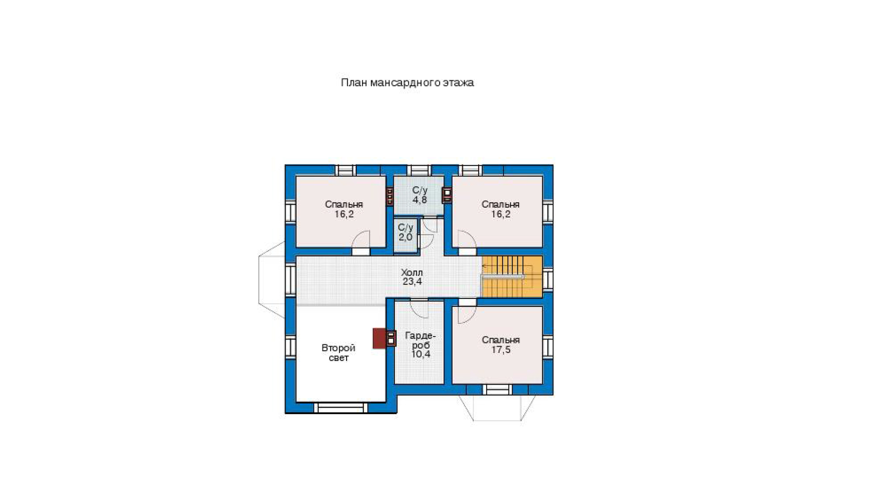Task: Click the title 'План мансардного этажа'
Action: click(x=407, y=83)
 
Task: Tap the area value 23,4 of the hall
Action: click(x=412, y=282)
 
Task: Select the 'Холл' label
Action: click(x=412, y=272)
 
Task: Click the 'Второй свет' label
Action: click(x=338, y=353)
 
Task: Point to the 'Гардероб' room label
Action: click(x=420, y=340)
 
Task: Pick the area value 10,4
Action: click(x=421, y=354)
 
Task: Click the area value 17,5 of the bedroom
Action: click(x=501, y=350)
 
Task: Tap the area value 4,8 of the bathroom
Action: click(x=419, y=200)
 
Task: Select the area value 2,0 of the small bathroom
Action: click(x=405, y=237)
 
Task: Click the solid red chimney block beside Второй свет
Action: click(x=379, y=338)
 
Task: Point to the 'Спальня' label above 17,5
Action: click(x=501, y=340)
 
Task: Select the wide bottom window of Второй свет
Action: click(x=340, y=408)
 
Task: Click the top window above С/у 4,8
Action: click(x=419, y=170)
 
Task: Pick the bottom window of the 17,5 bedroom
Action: click(x=497, y=389)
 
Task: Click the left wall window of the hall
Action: click(x=290, y=279)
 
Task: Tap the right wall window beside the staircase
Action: click(x=547, y=279)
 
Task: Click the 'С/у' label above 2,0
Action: click(x=405, y=227)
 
